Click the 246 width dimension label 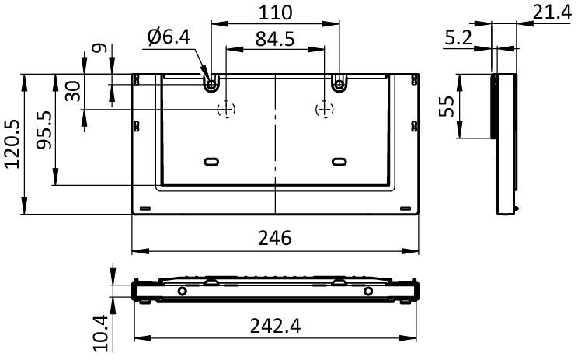point(274,238)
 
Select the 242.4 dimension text point(275,326)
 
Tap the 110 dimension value point(275,12)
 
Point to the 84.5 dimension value point(275,39)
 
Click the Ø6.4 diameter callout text point(169,37)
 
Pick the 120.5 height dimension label point(12,144)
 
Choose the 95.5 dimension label point(44,130)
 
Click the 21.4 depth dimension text point(552,13)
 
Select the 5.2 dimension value point(458,37)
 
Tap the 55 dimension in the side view point(447,107)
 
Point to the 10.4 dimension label point(100,333)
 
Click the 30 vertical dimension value point(72,91)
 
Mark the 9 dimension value point(99,48)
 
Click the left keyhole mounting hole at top point(211,84)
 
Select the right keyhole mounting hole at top point(339,84)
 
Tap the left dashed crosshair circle point(226,109)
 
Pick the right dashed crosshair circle point(325,109)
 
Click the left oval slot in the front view point(211,162)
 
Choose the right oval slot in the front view point(339,162)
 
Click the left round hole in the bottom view point(182,291)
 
